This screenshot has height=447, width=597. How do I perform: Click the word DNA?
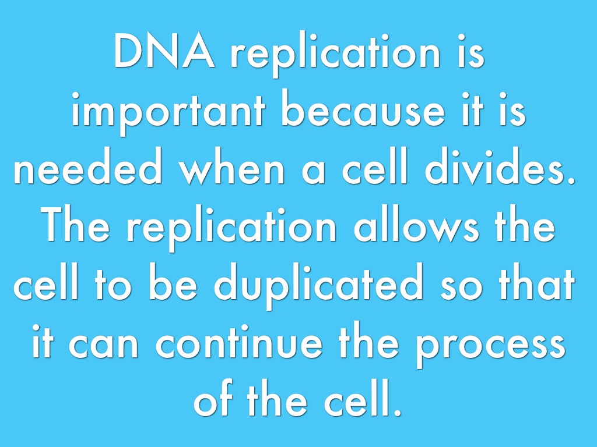point(164,51)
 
